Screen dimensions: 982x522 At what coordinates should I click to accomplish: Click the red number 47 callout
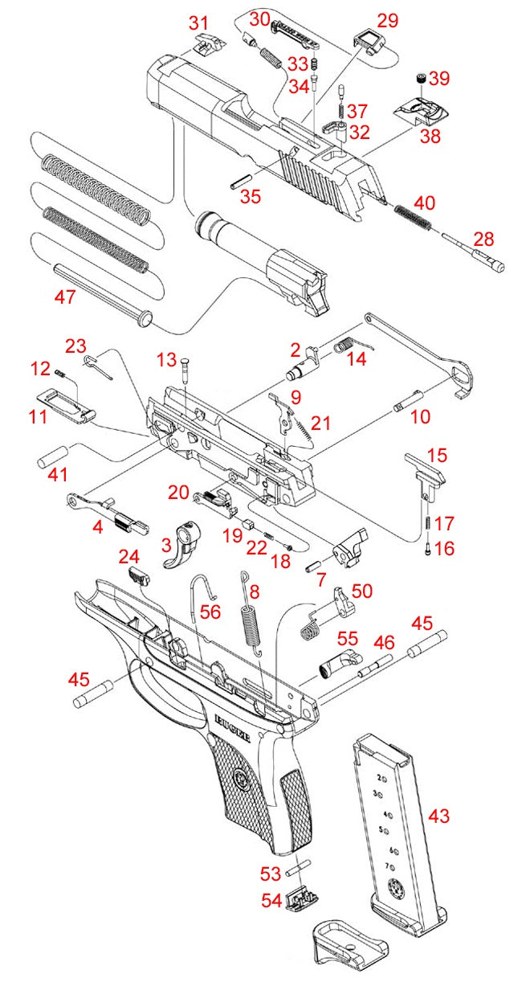64,297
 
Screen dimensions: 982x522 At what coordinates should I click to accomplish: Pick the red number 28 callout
484,239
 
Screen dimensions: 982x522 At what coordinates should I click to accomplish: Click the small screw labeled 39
419,78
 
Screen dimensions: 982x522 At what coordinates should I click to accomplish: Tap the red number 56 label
210,612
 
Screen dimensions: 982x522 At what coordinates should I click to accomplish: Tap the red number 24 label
129,557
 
